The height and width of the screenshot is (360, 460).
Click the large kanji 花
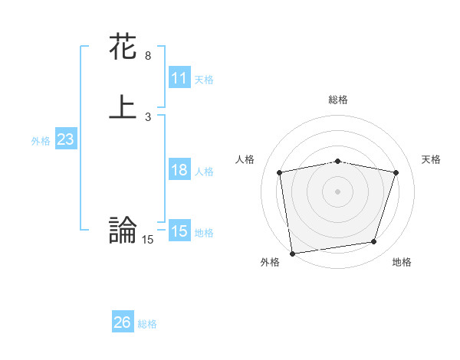tap(123, 47)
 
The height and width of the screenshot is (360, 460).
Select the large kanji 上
tap(123, 107)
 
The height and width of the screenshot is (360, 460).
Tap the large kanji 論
tap(123, 230)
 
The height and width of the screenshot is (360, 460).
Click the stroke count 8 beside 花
tap(147, 56)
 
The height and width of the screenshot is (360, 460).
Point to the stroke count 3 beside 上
tap(147, 116)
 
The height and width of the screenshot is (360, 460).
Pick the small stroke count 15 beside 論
tap(147, 240)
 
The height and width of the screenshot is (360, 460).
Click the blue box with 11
tap(179, 78)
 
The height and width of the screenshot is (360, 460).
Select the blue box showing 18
tap(179, 170)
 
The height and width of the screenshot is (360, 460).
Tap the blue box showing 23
tap(65, 139)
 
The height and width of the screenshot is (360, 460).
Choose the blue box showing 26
tap(122, 322)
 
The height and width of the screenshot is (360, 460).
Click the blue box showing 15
tap(179, 231)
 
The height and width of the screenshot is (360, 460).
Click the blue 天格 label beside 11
tap(204, 80)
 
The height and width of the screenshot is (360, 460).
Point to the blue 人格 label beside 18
tap(204, 172)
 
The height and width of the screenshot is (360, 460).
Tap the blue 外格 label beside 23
tap(41, 141)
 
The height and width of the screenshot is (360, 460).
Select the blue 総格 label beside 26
tap(147, 324)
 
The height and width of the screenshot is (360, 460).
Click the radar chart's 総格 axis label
tap(337, 100)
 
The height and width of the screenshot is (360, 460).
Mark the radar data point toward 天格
tap(396, 172)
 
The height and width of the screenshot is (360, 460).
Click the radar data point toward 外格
tap(292, 253)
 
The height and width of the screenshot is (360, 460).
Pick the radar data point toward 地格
tap(374, 242)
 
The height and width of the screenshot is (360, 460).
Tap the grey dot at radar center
tap(337, 191)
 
